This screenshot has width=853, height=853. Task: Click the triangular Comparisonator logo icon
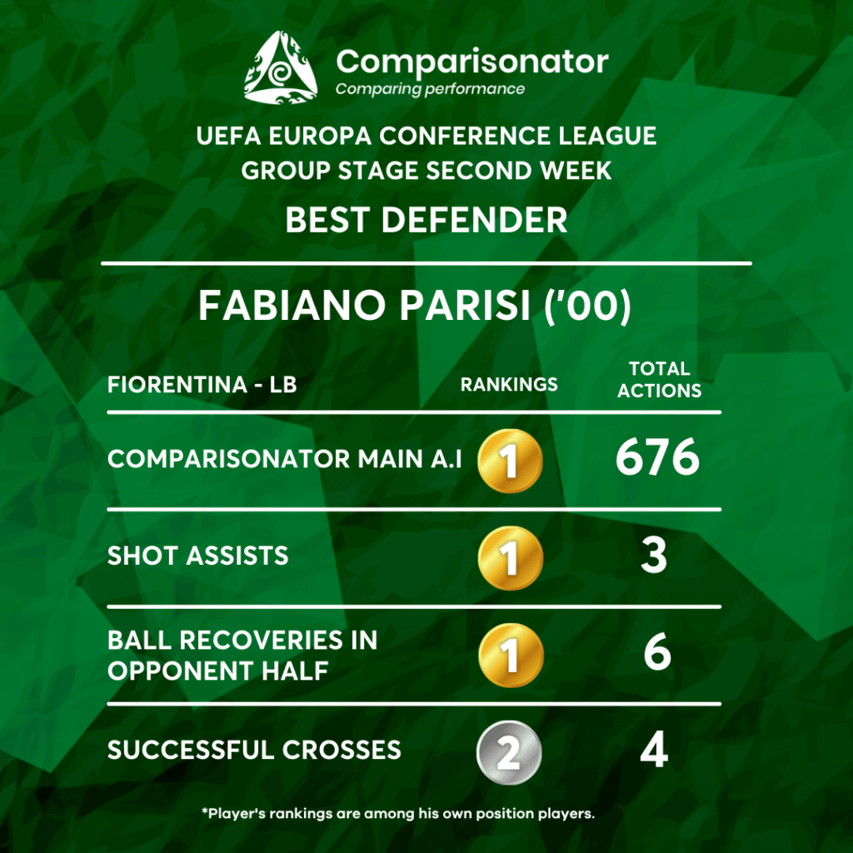click(x=281, y=67)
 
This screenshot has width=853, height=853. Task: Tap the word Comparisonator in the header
click(x=472, y=62)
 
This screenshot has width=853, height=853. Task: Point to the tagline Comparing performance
click(x=430, y=88)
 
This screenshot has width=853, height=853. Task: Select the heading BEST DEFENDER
click(x=426, y=220)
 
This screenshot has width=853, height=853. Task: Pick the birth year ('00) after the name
click(x=587, y=306)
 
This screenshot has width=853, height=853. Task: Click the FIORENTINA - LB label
click(x=202, y=385)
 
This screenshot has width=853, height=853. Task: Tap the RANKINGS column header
click(x=509, y=385)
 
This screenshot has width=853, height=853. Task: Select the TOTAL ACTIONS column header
click(x=660, y=380)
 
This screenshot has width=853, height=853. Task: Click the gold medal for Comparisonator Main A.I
click(x=510, y=461)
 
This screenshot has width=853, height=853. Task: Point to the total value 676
click(x=657, y=457)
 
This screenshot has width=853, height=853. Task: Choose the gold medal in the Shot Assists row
click(x=511, y=557)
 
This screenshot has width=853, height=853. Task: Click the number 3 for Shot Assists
click(x=654, y=555)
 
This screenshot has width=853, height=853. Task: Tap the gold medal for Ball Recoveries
click(x=511, y=655)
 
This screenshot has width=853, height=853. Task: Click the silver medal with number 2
click(x=509, y=752)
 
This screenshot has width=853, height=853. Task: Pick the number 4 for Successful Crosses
click(x=654, y=750)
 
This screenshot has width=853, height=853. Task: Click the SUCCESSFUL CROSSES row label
click(x=254, y=750)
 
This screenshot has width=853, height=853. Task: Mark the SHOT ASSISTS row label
click(x=197, y=556)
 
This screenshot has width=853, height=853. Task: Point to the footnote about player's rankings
click(x=398, y=814)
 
